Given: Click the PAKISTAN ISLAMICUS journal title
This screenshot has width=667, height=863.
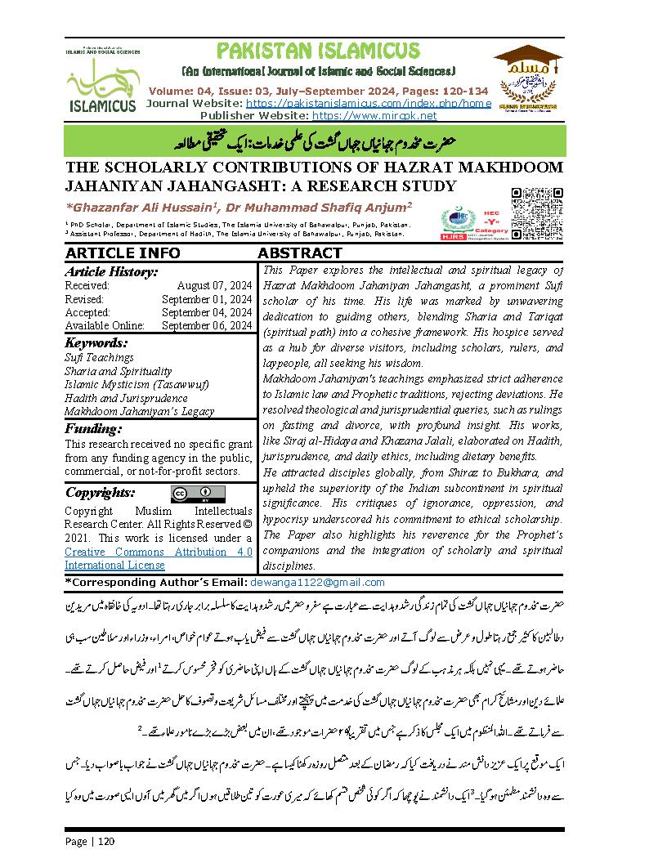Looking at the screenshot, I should pos(319,52).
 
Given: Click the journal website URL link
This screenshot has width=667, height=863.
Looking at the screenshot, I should pos(368,104).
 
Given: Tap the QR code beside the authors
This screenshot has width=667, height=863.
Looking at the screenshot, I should pos(537,211).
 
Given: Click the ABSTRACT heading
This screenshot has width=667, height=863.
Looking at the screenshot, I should pos(300,253).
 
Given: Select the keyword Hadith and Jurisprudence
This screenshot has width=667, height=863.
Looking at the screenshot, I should pos(126,398).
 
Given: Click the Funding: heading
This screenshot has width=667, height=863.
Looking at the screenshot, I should pos(94,429).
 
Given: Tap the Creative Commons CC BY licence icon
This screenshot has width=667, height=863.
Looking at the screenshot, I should pos(198,494).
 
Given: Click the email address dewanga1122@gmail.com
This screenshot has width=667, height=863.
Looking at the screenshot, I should pos(317,583).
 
